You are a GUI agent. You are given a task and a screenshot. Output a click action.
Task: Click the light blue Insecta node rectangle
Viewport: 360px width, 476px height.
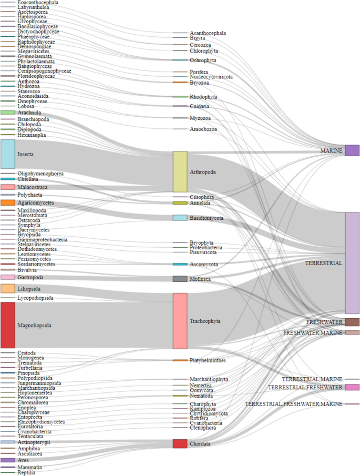[7, 154]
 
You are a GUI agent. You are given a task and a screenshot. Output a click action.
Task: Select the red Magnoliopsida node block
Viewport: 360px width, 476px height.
[7, 325]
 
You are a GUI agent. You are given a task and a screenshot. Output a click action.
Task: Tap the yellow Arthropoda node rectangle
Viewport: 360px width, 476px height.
[180, 171]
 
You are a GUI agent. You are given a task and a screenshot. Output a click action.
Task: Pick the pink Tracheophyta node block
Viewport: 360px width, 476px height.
[180, 321]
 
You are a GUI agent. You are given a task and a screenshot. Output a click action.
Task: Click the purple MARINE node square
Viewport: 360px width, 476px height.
[352, 150]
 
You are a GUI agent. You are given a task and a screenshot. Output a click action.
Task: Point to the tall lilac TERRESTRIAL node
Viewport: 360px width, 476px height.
[352, 263]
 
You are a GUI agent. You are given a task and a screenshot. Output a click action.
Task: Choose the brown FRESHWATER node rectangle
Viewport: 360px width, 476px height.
[352, 322]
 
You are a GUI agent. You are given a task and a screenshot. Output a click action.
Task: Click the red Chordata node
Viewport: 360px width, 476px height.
[180, 443]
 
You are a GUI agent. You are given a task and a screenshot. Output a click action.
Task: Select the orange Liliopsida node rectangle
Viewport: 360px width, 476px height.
[7, 289]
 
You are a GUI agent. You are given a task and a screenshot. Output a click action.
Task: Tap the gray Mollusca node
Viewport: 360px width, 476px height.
[180, 279]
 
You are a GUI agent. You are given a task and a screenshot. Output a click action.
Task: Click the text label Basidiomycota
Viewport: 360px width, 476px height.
[207, 218]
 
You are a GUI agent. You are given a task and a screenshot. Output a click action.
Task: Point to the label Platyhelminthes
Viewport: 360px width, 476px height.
[208, 360]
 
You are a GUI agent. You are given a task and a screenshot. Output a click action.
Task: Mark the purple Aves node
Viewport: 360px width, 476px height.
[7, 460]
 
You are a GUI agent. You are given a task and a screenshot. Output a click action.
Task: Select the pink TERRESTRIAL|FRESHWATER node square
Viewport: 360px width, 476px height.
[352, 387]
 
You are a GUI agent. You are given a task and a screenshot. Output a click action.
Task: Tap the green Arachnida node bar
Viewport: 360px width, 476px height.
[7, 113]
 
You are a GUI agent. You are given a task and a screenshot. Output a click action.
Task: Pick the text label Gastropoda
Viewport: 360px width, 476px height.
[30, 277]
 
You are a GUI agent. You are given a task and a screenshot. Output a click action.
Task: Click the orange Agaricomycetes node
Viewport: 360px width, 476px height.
[7, 202]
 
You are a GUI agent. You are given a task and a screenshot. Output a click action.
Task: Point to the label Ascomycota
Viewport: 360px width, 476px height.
[204, 264]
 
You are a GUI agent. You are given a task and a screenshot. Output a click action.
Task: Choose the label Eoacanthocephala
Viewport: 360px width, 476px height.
[38, 3]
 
